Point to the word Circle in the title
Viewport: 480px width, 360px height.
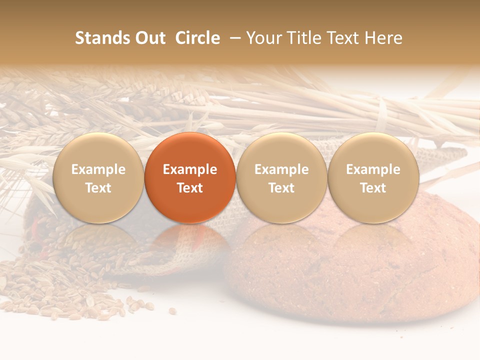click(x=197, y=38)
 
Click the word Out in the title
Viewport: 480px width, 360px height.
click(x=148, y=38)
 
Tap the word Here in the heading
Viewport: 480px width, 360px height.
click(x=383, y=38)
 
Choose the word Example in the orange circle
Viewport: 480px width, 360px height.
click(x=190, y=169)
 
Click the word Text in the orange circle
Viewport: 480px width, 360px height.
click(x=190, y=188)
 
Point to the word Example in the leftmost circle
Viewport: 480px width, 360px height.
click(x=98, y=169)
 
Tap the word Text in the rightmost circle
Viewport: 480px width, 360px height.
click(x=373, y=188)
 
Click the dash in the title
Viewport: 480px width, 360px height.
click(x=232, y=38)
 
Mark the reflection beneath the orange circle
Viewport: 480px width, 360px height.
click(x=190, y=237)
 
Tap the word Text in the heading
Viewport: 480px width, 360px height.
click(x=347, y=38)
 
